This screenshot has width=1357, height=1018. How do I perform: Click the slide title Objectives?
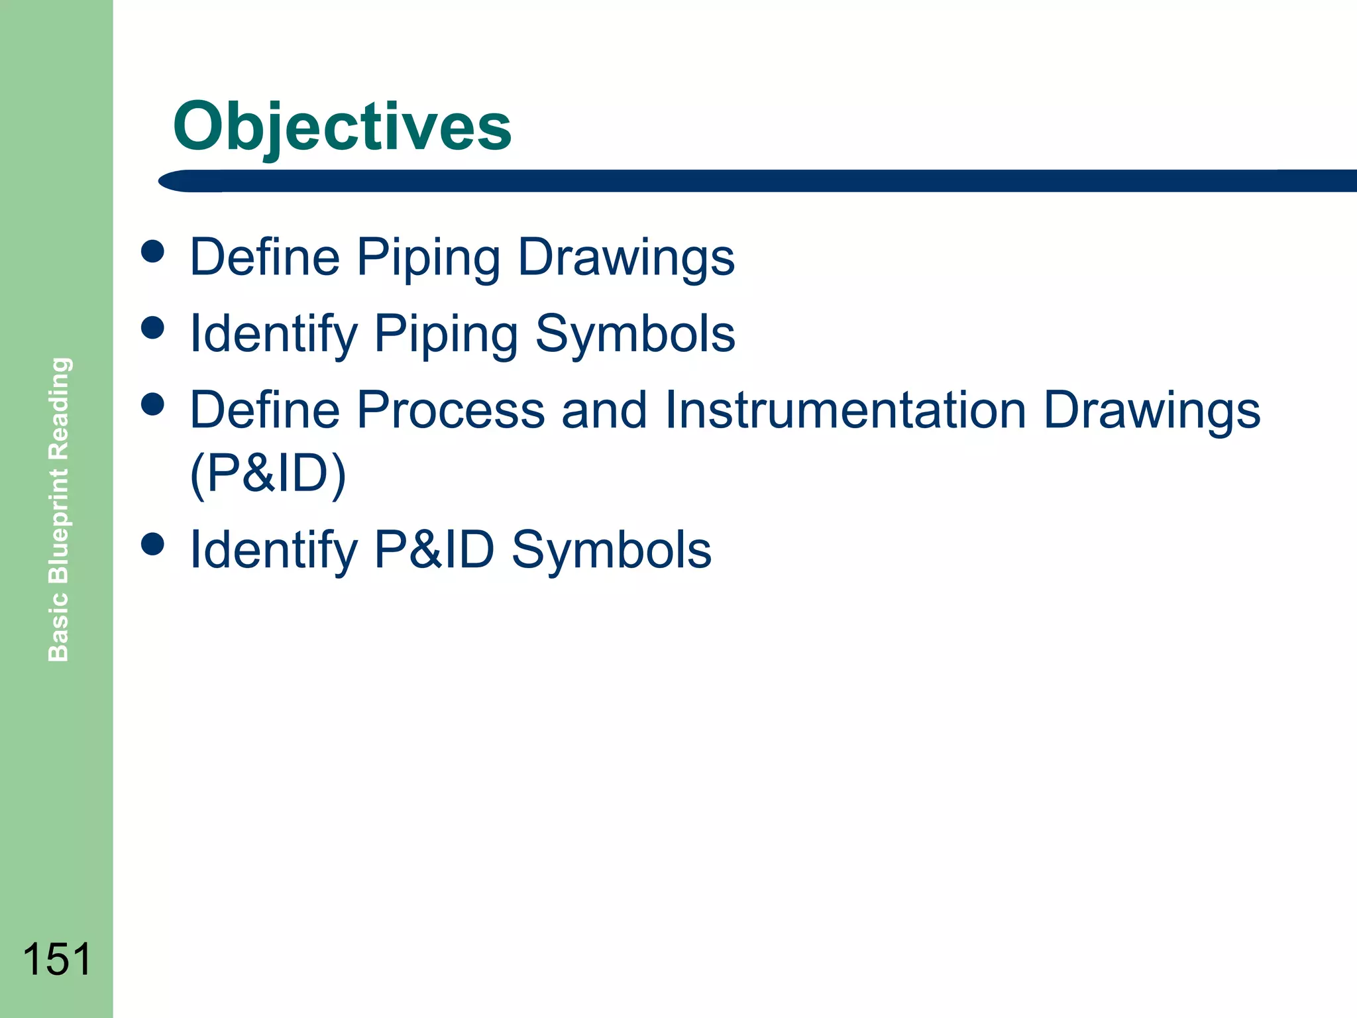342,126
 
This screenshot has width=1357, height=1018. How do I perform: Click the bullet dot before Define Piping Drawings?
152,252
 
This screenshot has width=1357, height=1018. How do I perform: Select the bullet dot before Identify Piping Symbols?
152,328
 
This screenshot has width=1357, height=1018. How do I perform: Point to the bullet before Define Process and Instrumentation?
152,404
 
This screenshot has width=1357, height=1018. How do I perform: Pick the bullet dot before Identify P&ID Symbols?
152,545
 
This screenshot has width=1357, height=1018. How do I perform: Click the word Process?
450,410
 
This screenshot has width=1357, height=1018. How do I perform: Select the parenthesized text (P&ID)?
268,474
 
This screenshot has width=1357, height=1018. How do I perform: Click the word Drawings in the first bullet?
625,258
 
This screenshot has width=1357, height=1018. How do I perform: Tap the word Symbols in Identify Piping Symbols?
635,333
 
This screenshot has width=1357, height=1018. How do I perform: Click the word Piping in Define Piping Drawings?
428,258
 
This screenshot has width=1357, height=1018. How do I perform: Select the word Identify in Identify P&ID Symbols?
273,550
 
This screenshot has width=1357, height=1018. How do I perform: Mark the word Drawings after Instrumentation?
1151,410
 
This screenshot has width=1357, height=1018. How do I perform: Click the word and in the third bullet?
604,410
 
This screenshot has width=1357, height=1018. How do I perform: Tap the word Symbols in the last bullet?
611,550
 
